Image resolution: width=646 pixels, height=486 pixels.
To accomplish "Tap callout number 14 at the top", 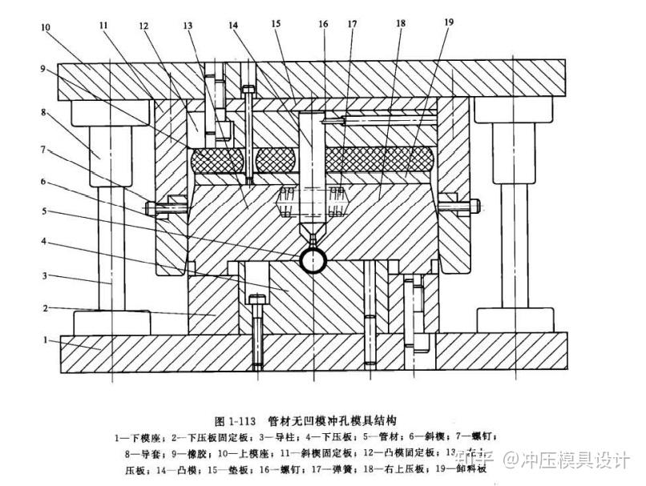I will coord(233,26).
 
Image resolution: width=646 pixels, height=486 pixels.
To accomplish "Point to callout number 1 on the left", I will coord(46,340).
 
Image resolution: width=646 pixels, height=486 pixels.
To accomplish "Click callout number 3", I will coord(46,275).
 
